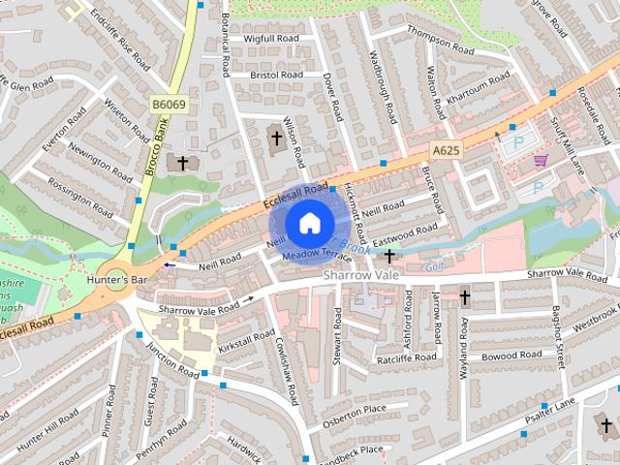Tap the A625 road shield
tap(446, 150)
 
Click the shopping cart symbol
tap(541, 160)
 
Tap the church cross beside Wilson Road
tap(276, 139)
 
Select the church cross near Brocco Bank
tap(182, 164)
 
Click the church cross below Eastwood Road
tap(389, 256)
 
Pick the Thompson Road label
tap(440, 43)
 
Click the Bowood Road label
tap(511, 356)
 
